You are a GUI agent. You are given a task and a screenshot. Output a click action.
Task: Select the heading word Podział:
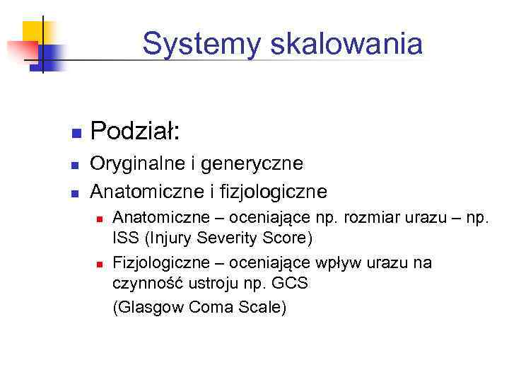135,131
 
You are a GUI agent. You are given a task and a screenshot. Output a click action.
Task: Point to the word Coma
206,308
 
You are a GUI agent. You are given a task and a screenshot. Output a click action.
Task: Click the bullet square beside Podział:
75,133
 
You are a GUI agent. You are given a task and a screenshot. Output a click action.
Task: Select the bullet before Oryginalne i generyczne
75,166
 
